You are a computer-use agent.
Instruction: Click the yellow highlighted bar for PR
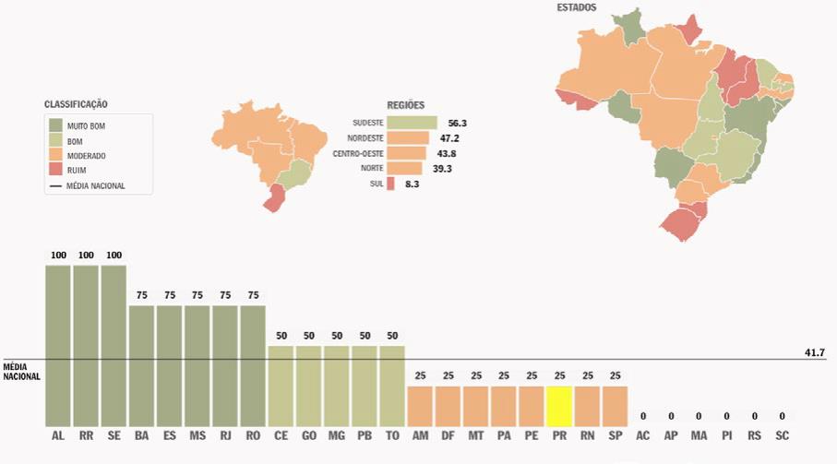coord(559,404)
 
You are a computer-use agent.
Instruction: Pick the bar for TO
coord(392,383)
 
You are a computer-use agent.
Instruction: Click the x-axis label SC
coord(782,434)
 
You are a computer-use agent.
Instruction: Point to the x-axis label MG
coord(337,434)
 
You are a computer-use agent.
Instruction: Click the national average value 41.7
coord(816,352)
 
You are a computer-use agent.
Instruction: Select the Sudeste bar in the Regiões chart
coord(412,123)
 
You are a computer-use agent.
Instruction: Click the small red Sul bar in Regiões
coord(391,184)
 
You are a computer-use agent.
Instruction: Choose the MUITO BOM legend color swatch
coord(55,125)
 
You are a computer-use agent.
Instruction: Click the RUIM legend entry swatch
coord(55,170)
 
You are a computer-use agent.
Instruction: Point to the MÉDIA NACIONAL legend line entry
coord(88,185)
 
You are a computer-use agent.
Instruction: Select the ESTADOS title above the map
coord(577,7)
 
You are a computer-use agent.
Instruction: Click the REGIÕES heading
coord(406,105)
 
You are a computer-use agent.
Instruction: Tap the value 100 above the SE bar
coord(114,256)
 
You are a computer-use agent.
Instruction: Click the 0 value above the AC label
coord(643,416)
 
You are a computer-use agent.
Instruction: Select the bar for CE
coord(281,383)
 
